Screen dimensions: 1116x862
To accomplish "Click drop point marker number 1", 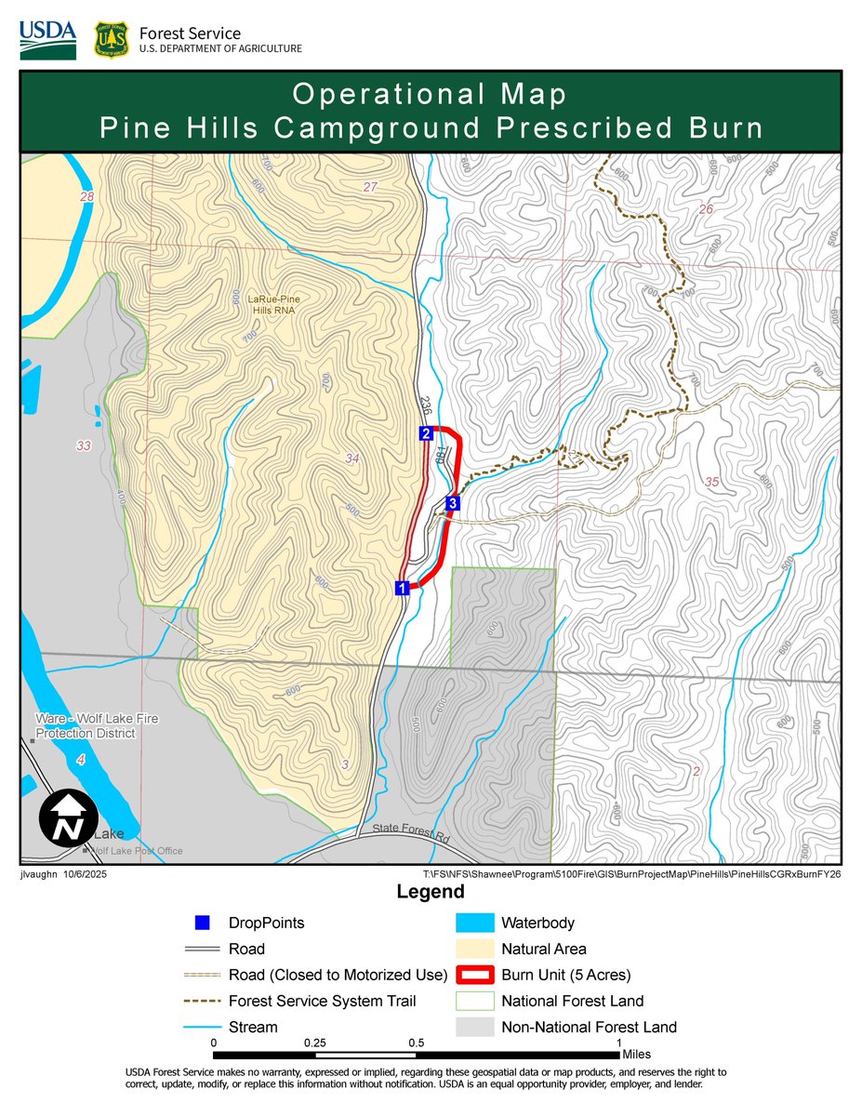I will [x=402, y=588].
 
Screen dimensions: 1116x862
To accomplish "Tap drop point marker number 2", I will [x=425, y=433].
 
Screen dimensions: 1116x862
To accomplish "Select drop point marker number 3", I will [x=452, y=504].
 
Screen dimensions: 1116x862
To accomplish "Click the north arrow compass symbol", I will [x=67, y=819].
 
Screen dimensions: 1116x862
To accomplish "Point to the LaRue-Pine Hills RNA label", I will [x=267, y=304].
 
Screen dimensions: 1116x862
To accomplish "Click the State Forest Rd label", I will [x=411, y=833].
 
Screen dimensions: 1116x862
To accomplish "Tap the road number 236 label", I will [x=425, y=406].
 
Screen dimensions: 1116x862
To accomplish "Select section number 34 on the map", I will [x=351, y=458].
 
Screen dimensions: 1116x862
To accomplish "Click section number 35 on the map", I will [x=712, y=482].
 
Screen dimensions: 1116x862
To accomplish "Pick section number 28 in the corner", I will [x=87, y=197].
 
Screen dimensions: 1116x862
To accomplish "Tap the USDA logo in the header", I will [x=47, y=39].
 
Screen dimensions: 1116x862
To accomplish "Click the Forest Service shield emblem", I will [x=111, y=40].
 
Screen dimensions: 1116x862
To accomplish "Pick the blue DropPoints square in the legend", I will [x=202, y=923].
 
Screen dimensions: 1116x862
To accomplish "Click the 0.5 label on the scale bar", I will [x=416, y=1043].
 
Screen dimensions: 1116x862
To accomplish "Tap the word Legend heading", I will [x=431, y=893].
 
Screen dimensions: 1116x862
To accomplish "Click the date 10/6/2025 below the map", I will [x=86, y=875].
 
